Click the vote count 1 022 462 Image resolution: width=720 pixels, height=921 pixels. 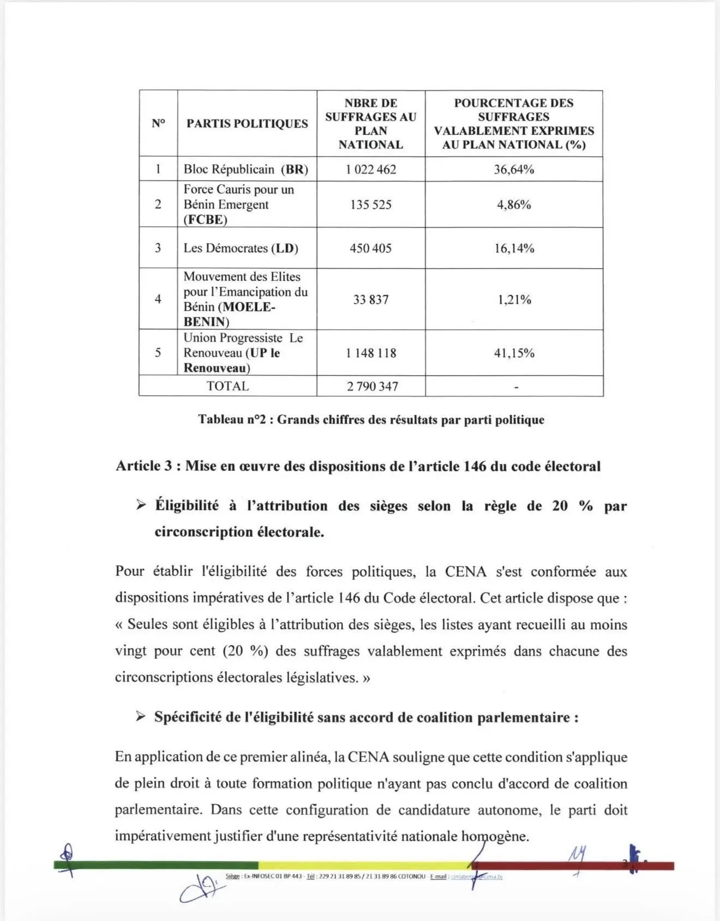[x=371, y=169]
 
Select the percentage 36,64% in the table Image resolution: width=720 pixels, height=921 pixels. [x=514, y=169]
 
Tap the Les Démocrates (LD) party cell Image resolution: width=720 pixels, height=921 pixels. [x=241, y=248]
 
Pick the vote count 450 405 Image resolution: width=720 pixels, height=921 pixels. [x=371, y=248]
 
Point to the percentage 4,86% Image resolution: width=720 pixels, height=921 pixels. [x=514, y=204]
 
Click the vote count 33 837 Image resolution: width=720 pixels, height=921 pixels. [x=371, y=299]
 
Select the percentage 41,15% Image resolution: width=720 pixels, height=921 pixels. [x=514, y=353]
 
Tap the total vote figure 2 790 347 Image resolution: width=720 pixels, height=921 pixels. [x=373, y=386]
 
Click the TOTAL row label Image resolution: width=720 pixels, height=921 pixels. [x=227, y=386]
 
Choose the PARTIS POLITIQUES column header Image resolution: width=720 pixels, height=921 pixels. [x=247, y=124]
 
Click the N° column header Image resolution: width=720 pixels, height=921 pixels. [x=158, y=124]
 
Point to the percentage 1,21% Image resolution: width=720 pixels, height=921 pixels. [x=514, y=299]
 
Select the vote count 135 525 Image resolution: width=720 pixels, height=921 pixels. [x=371, y=204]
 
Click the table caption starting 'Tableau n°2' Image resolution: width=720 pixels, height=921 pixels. [x=371, y=419]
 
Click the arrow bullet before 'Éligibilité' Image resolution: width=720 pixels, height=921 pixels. [x=141, y=505]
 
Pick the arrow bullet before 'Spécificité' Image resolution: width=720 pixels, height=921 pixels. [x=141, y=717]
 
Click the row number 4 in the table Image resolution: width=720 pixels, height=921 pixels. [x=158, y=299]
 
